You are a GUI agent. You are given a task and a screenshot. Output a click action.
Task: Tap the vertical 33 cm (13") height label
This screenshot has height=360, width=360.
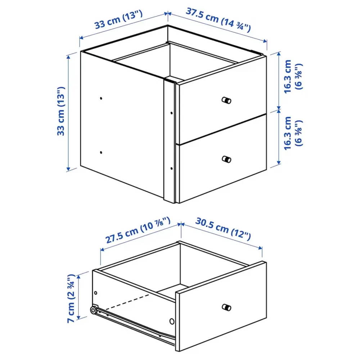pos(62,111)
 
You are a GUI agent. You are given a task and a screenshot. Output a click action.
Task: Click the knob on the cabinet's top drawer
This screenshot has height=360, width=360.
pos(226,100)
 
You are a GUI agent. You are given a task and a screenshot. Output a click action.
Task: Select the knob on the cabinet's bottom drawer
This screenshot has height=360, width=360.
pos(226,159)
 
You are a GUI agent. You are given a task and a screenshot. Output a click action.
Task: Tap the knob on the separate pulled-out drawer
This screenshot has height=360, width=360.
pos(226,307)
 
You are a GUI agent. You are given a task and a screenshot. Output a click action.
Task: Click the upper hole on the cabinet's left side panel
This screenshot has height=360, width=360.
pos(101,98)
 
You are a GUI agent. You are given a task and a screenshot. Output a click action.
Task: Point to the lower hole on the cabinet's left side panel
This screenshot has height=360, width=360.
pos(102,152)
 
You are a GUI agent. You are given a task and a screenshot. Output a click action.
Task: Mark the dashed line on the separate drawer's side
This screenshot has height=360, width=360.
pos(130,301)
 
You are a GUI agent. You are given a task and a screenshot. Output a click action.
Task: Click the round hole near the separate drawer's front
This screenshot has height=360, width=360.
pos(171,321)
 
